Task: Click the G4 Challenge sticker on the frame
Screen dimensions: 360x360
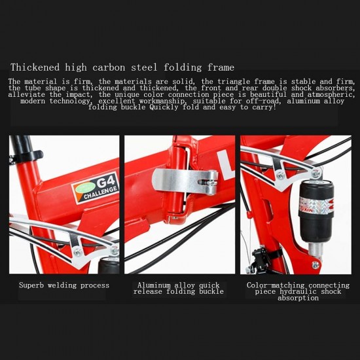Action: [96, 188]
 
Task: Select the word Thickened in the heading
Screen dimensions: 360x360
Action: [35, 67]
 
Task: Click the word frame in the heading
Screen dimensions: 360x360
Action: [221, 67]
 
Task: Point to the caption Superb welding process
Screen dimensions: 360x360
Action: [64, 285]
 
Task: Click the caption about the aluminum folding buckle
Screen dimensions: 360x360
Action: [179, 289]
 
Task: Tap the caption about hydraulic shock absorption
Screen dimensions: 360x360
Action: [298, 291]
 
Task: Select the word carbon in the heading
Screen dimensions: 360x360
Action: [109, 67]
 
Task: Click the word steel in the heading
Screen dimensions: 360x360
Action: [144, 67]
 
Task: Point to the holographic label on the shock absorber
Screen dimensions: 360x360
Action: [316, 206]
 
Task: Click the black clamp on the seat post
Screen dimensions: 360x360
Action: [26, 156]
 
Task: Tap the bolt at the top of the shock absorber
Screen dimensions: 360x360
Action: [317, 173]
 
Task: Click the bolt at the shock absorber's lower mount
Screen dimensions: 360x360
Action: [315, 265]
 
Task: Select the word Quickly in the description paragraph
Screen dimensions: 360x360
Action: [164, 107]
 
